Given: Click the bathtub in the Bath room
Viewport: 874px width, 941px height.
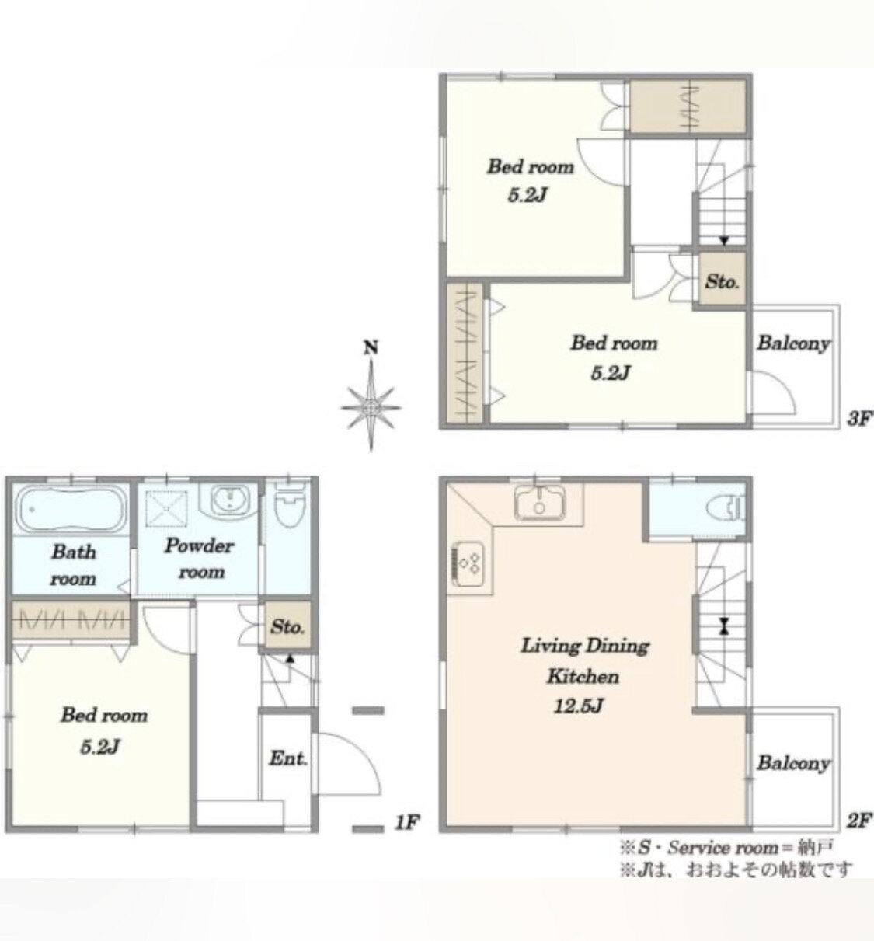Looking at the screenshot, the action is pyautogui.click(x=71, y=509).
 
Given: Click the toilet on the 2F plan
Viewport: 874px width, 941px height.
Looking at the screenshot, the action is pyautogui.click(x=726, y=510).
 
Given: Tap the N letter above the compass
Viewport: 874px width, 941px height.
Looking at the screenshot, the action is pyautogui.click(x=371, y=348).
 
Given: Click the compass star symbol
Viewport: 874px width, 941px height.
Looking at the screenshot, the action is pyautogui.click(x=371, y=406).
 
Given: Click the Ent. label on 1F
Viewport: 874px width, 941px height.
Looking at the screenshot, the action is pyautogui.click(x=288, y=758).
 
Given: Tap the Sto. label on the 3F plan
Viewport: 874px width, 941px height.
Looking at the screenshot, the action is pyautogui.click(x=722, y=282).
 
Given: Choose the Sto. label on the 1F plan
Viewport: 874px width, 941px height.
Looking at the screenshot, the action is pyautogui.click(x=287, y=627).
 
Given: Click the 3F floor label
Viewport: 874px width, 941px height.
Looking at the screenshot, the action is pyautogui.click(x=859, y=418).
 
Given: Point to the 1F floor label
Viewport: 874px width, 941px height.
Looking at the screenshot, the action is pyautogui.click(x=407, y=822).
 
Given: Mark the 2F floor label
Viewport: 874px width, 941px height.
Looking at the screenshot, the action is pyautogui.click(x=859, y=821).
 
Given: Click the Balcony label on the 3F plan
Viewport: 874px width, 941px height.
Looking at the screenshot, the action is pyautogui.click(x=793, y=343).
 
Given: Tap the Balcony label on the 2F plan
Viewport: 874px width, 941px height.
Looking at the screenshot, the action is pyautogui.click(x=793, y=763).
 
